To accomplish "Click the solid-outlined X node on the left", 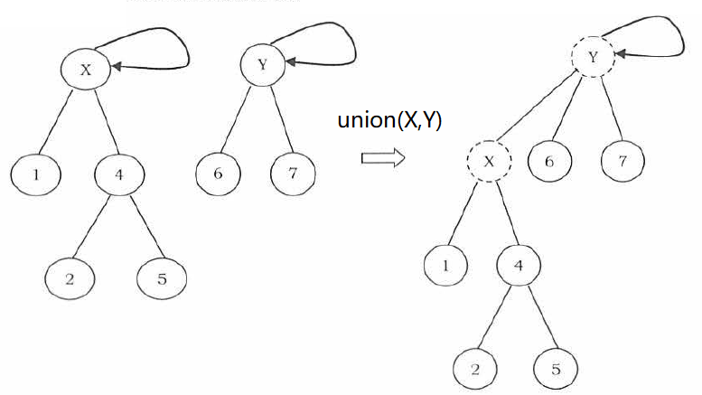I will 86,71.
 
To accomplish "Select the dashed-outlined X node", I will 488,163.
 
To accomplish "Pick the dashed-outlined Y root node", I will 592,57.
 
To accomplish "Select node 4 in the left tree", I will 119,172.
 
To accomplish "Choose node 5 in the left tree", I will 162,277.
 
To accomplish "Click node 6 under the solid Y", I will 219,172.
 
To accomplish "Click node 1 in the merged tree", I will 447,266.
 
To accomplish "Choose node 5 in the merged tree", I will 556,370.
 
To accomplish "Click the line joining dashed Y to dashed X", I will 539,110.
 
